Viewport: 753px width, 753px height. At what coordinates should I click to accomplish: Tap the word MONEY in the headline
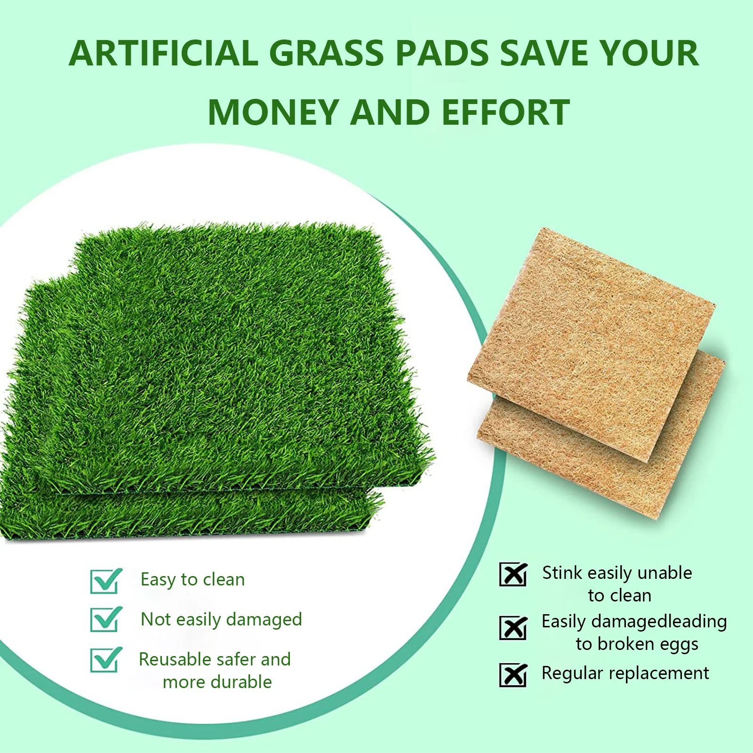[273, 112]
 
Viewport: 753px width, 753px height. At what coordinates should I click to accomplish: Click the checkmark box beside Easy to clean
[105, 581]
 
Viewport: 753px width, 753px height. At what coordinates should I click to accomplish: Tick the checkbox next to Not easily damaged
[105, 619]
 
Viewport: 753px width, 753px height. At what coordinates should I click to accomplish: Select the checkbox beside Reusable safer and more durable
[105, 660]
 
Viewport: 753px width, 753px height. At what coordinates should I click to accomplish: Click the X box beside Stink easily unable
[513, 574]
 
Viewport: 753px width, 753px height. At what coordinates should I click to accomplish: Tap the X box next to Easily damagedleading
[513, 628]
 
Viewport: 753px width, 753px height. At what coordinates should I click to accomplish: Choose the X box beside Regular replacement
[513, 675]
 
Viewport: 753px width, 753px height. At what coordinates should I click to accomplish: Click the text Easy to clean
[193, 580]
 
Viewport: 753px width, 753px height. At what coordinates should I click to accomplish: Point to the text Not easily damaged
[221, 620]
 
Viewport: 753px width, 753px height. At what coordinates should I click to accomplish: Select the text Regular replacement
[625, 673]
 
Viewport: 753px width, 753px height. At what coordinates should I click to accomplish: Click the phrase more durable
[217, 682]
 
